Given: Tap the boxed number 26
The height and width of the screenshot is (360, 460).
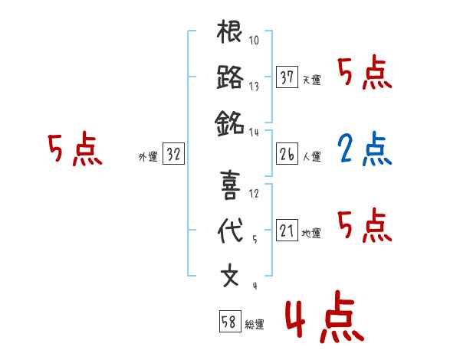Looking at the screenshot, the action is tap(287, 154).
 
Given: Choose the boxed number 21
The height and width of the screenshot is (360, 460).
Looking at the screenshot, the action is tap(287, 231).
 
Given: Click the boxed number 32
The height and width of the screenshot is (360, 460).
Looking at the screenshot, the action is tap(173, 154).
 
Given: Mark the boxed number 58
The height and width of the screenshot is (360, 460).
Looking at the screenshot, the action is tap(229, 322).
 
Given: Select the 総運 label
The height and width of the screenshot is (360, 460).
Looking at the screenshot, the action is tap(254, 325).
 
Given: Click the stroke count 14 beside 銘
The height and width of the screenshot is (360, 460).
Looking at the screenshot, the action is tap(255, 132).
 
